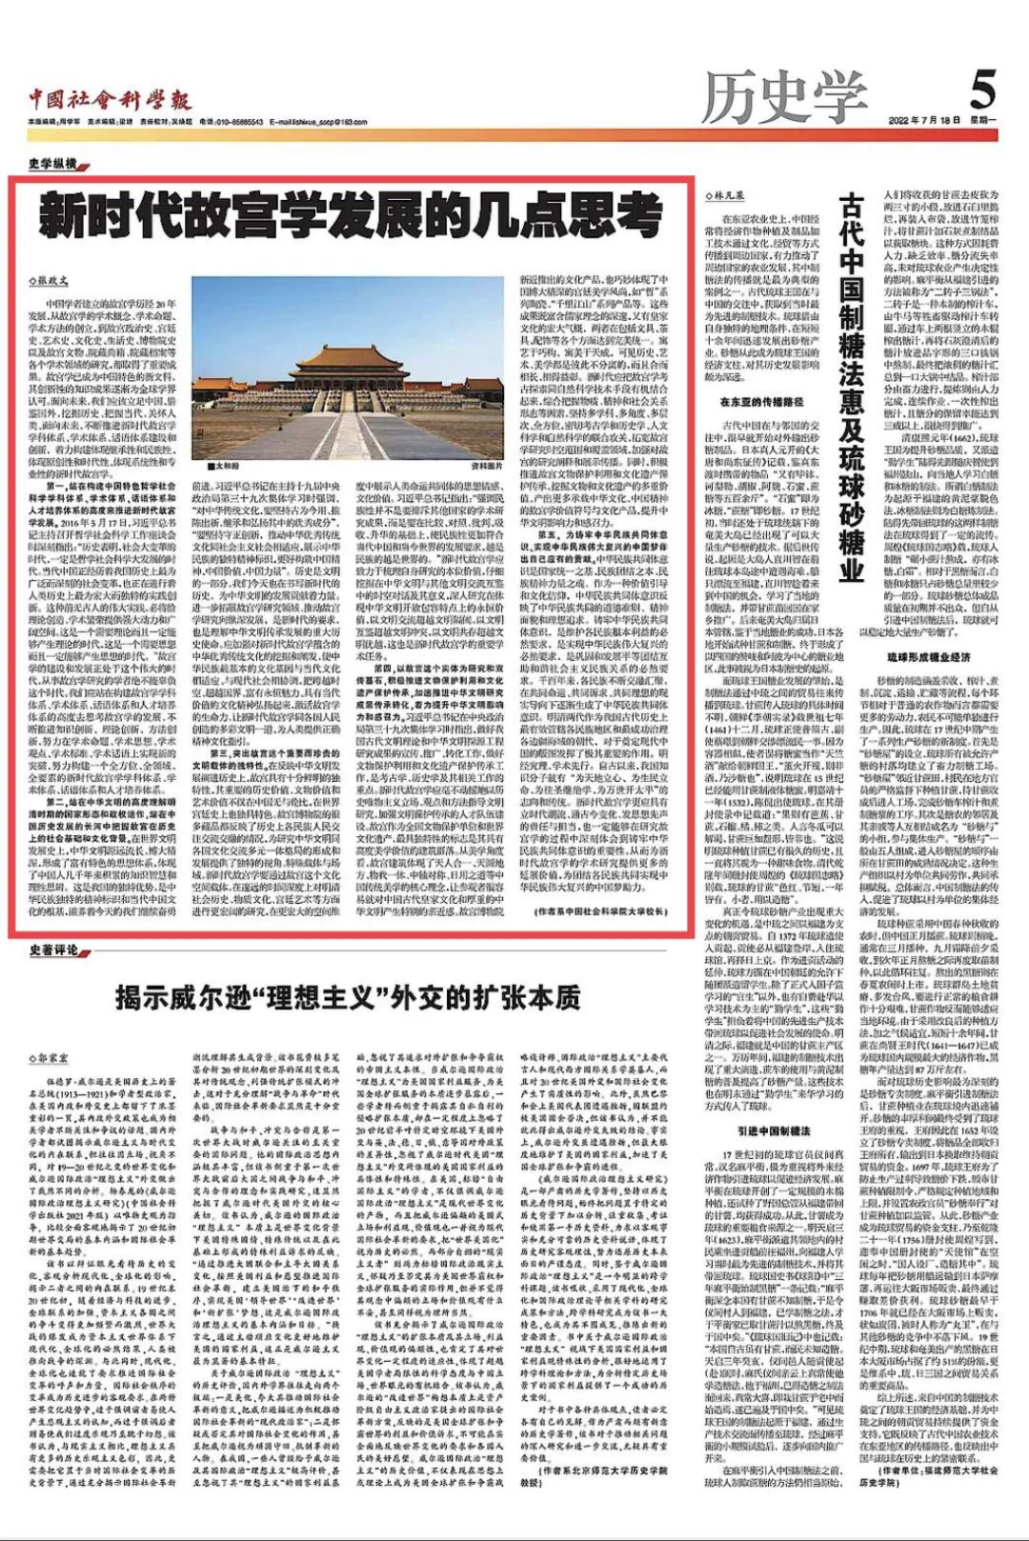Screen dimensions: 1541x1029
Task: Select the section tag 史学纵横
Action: (x=53, y=163)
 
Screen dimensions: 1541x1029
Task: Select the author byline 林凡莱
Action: (x=725, y=194)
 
